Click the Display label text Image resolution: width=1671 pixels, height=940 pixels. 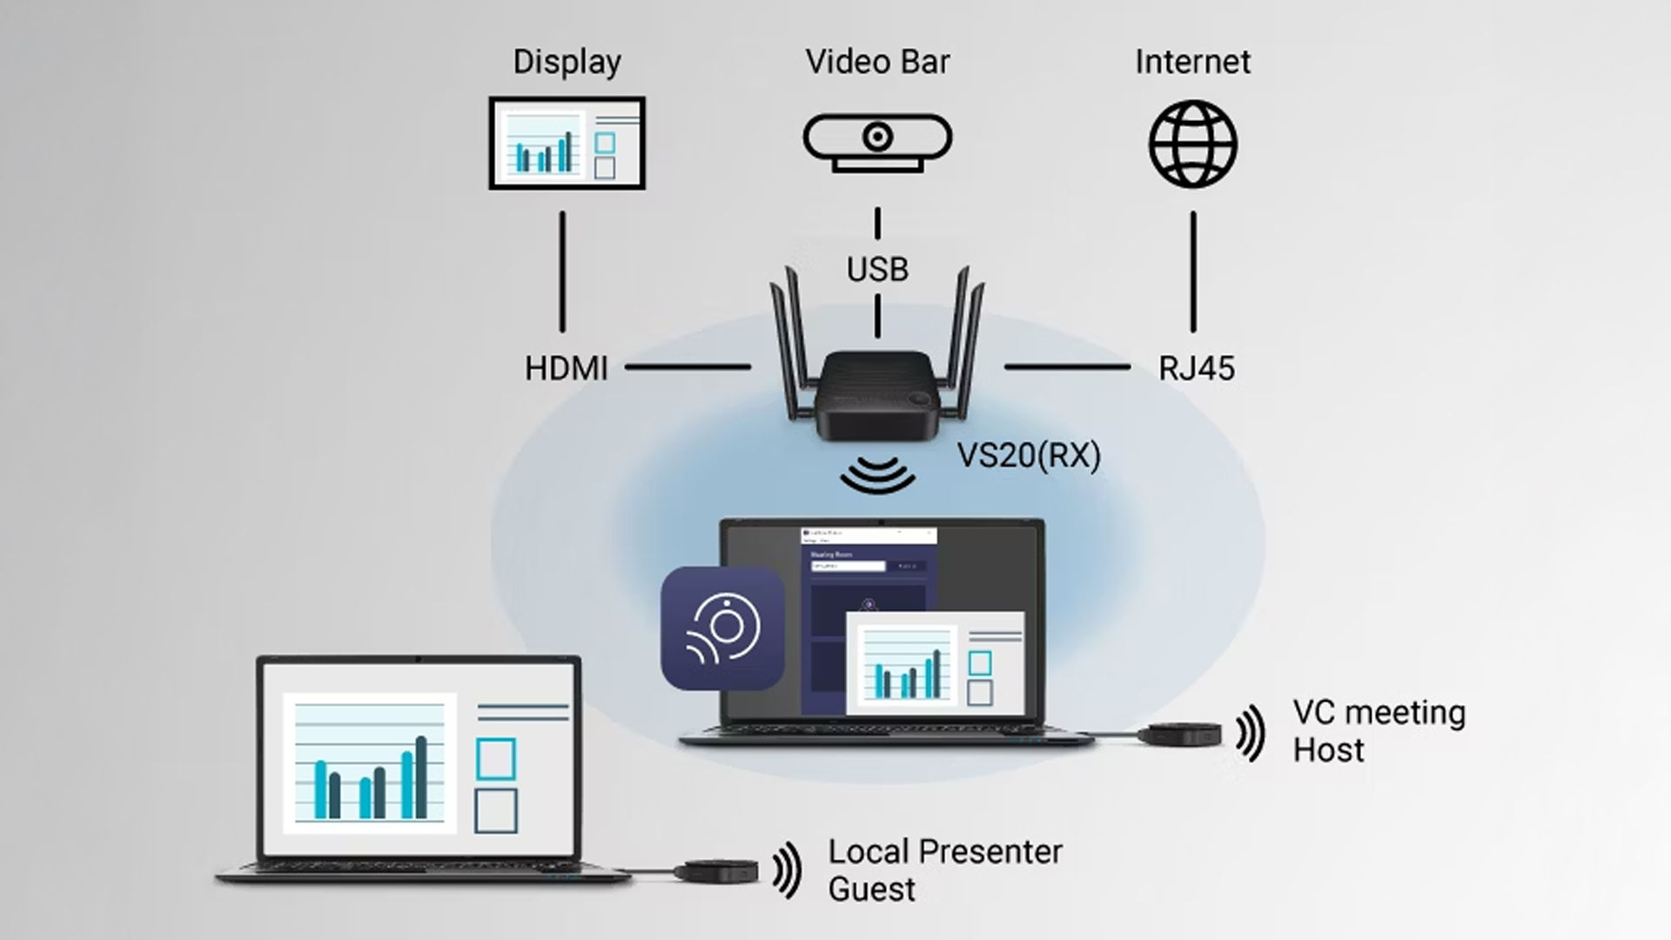pyautogui.click(x=567, y=62)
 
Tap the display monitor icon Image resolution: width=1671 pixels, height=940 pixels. pyautogui.click(x=567, y=143)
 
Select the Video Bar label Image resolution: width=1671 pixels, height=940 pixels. pyautogui.click(x=877, y=62)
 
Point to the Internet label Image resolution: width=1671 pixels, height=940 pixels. pyautogui.click(x=1192, y=62)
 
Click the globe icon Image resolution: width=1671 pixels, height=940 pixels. pyautogui.click(x=1192, y=144)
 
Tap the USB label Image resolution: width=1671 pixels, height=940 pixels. pyautogui.click(x=877, y=270)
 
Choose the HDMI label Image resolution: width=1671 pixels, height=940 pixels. pyautogui.click(x=566, y=368)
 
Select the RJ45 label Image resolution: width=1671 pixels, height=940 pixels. pyautogui.click(x=1196, y=368)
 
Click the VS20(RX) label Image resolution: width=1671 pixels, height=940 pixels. pyautogui.click(x=1029, y=455)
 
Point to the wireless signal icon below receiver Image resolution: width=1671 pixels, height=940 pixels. pyautogui.click(x=877, y=475)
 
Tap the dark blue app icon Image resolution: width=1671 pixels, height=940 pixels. pyautogui.click(x=722, y=628)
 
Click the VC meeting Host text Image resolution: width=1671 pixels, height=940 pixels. pyautogui.click(x=1379, y=731)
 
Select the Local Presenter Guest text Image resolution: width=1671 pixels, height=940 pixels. pyautogui.click(x=944, y=869)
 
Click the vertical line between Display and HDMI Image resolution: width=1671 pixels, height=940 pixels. pyautogui.click(x=562, y=271)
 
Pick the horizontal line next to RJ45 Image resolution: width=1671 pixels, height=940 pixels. pyautogui.click(x=1067, y=367)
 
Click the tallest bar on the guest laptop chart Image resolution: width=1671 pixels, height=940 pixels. pyautogui.click(x=421, y=777)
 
